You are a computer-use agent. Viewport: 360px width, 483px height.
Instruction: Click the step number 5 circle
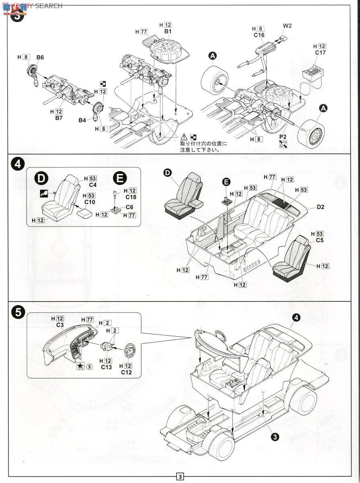pos(17,313)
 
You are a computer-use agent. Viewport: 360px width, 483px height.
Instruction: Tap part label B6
pos(40,57)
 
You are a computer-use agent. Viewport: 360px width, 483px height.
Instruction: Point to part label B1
pos(168,31)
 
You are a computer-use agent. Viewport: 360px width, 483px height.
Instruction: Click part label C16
pos(259,35)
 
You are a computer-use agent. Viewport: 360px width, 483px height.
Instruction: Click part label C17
pos(320,53)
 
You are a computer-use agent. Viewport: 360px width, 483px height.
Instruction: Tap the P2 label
pos(283,137)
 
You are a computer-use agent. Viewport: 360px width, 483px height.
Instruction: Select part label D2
pos(320,207)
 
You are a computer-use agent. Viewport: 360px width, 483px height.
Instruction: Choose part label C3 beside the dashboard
pos(60,325)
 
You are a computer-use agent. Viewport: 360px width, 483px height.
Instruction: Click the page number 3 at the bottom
pos(180,477)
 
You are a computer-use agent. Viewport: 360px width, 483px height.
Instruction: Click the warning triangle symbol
pos(184,137)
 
